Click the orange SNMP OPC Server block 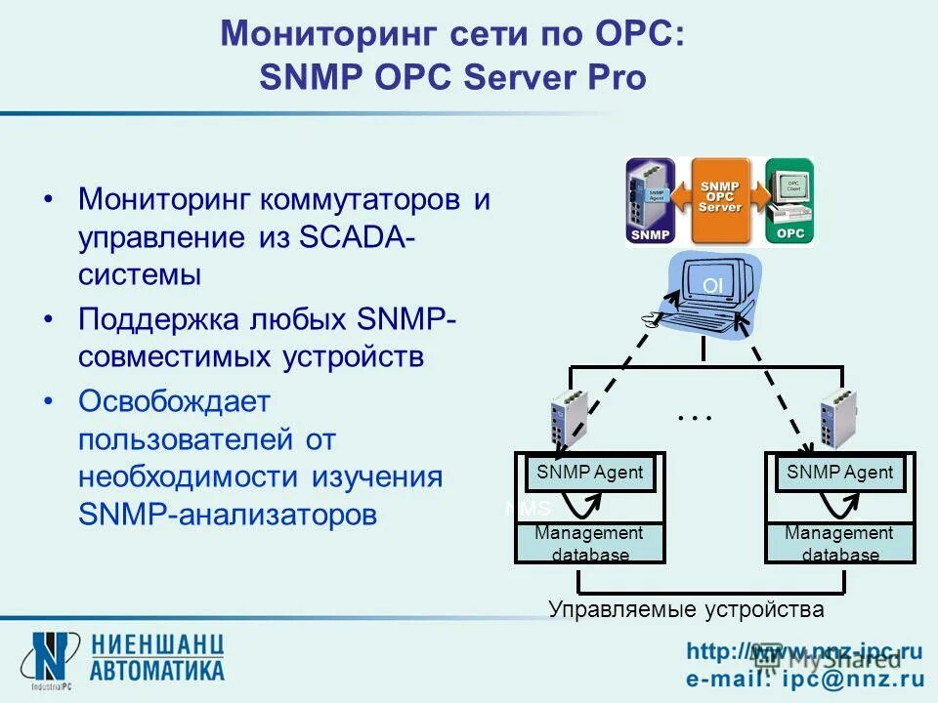click(720, 200)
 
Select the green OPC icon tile click(789, 200)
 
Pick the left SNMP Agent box click(590, 474)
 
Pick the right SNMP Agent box click(840, 474)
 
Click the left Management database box click(590, 543)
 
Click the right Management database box click(839, 543)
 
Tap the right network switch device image click(839, 418)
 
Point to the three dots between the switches click(695, 418)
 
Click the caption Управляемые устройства click(686, 610)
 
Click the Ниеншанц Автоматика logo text click(157, 657)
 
